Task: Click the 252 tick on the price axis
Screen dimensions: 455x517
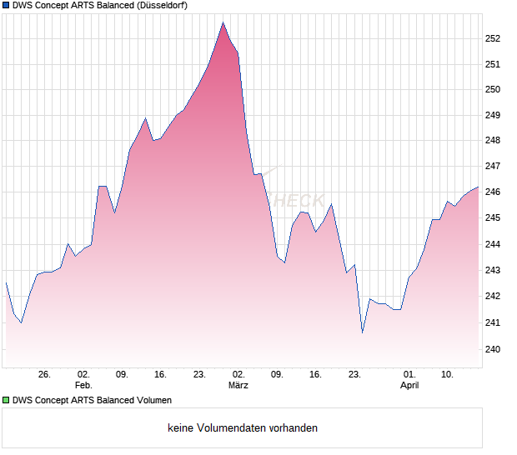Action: [x=492, y=38]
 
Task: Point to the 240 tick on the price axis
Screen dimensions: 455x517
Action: [x=492, y=349]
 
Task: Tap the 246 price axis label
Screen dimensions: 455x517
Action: [x=492, y=192]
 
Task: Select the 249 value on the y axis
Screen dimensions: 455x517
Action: [x=492, y=115]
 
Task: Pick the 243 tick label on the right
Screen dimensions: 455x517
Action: [x=492, y=270]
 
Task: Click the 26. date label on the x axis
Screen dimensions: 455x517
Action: [x=44, y=375]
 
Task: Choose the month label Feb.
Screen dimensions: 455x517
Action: [x=83, y=386]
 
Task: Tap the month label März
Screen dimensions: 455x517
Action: [x=238, y=386]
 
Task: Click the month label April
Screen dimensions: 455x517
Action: [x=409, y=386]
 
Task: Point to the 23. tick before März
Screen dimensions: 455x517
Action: [x=200, y=375]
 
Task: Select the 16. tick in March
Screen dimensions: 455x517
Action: [x=315, y=375]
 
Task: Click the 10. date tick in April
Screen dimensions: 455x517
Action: [x=448, y=375]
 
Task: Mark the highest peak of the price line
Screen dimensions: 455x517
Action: [x=223, y=22]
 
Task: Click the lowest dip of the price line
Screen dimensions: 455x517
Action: [x=362, y=332]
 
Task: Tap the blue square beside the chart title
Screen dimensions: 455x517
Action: [x=6, y=6]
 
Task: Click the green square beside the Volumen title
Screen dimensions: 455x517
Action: [x=6, y=401]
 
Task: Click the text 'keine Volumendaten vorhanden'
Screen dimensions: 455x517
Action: [x=242, y=428]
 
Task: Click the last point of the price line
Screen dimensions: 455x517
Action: [x=478, y=187]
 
